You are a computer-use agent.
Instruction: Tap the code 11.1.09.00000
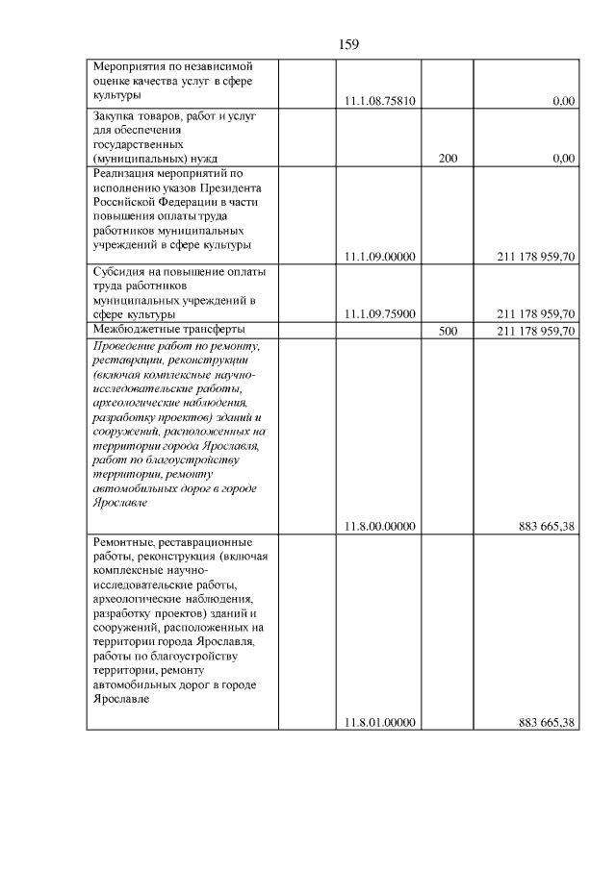(379, 257)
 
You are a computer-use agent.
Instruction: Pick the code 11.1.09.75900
(379, 314)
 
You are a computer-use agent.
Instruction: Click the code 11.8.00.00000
(379, 525)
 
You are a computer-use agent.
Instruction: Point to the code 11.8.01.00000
(379, 722)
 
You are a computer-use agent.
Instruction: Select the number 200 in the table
(448, 159)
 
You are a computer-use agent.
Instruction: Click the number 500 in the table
(448, 331)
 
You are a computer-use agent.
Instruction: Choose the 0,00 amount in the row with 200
(564, 159)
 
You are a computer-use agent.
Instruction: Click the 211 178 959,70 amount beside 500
(536, 331)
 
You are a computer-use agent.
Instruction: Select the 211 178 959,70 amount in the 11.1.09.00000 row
(536, 257)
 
